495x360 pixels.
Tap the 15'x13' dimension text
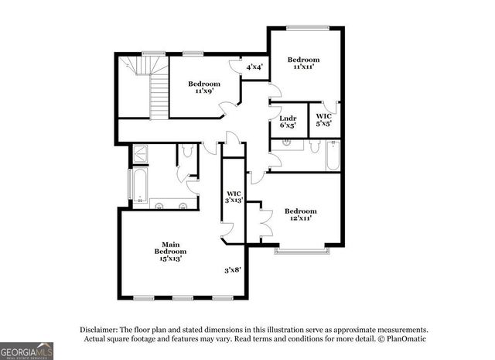tap(170, 259)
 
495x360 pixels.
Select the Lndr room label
tap(288, 118)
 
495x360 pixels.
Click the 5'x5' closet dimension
tap(323, 123)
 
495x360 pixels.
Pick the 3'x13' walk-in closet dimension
tap(234, 201)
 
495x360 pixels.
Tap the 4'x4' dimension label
tap(254, 67)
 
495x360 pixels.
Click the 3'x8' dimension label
tap(233, 270)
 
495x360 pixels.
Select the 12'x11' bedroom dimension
tap(300, 219)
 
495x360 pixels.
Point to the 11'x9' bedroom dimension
tap(204, 91)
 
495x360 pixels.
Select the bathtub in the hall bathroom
tap(333, 156)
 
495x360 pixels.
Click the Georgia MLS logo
tap(27, 350)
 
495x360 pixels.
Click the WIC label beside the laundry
tap(323, 116)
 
